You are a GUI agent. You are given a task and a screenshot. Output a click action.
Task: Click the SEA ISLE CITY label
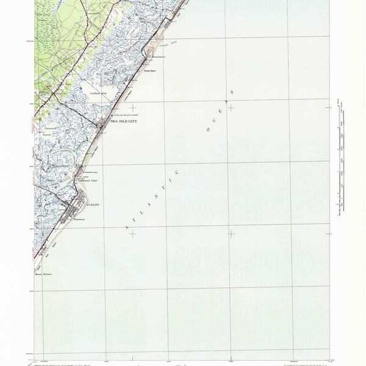click(124, 122)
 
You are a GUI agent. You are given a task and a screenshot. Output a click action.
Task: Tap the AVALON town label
click(91, 205)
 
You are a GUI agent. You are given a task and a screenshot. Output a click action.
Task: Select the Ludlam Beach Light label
click(124, 115)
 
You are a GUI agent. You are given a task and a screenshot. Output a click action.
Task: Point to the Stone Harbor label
click(43, 274)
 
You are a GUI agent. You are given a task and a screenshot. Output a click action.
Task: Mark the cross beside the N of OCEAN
click(231, 107)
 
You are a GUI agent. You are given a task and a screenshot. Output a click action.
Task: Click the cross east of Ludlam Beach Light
click(132, 107)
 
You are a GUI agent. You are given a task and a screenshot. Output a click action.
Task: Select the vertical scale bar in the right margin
click(337, 159)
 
